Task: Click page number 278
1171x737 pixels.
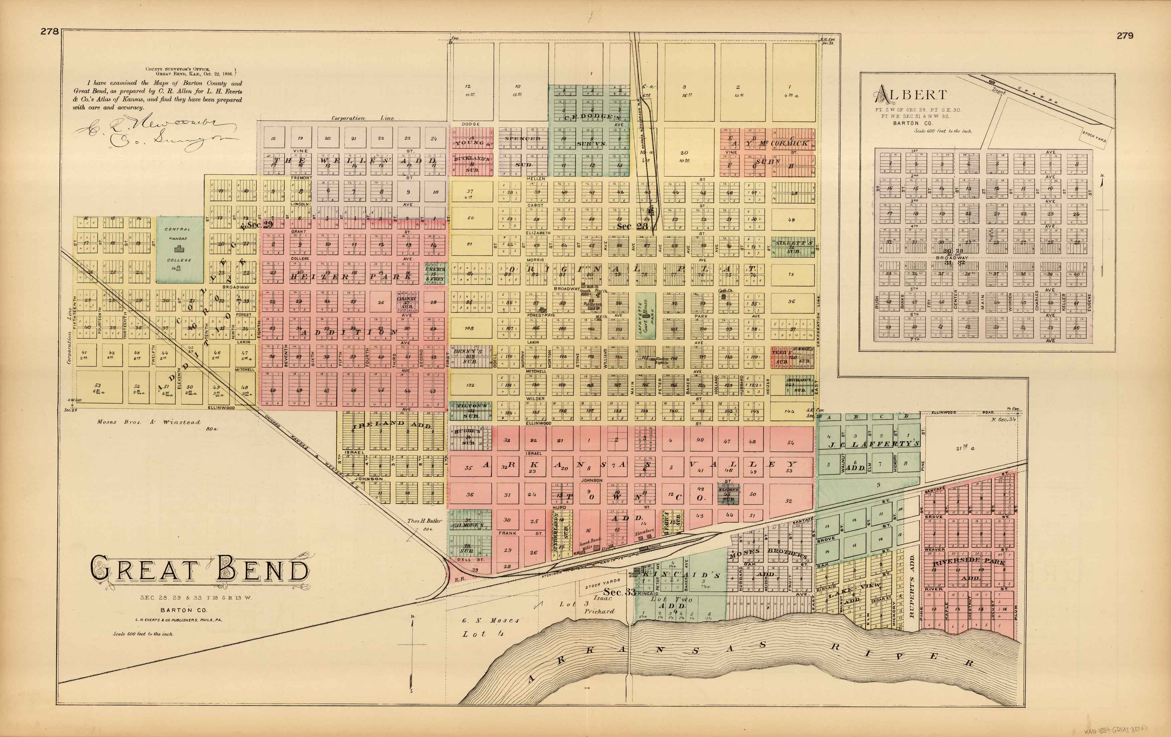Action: click(x=50, y=31)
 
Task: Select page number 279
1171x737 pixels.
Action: click(x=1125, y=35)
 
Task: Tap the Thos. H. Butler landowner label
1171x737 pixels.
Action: click(x=425, y=521)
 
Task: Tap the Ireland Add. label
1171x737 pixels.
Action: click(x=391, y=424)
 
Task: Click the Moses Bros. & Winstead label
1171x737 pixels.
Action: click(x=148, y=422)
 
